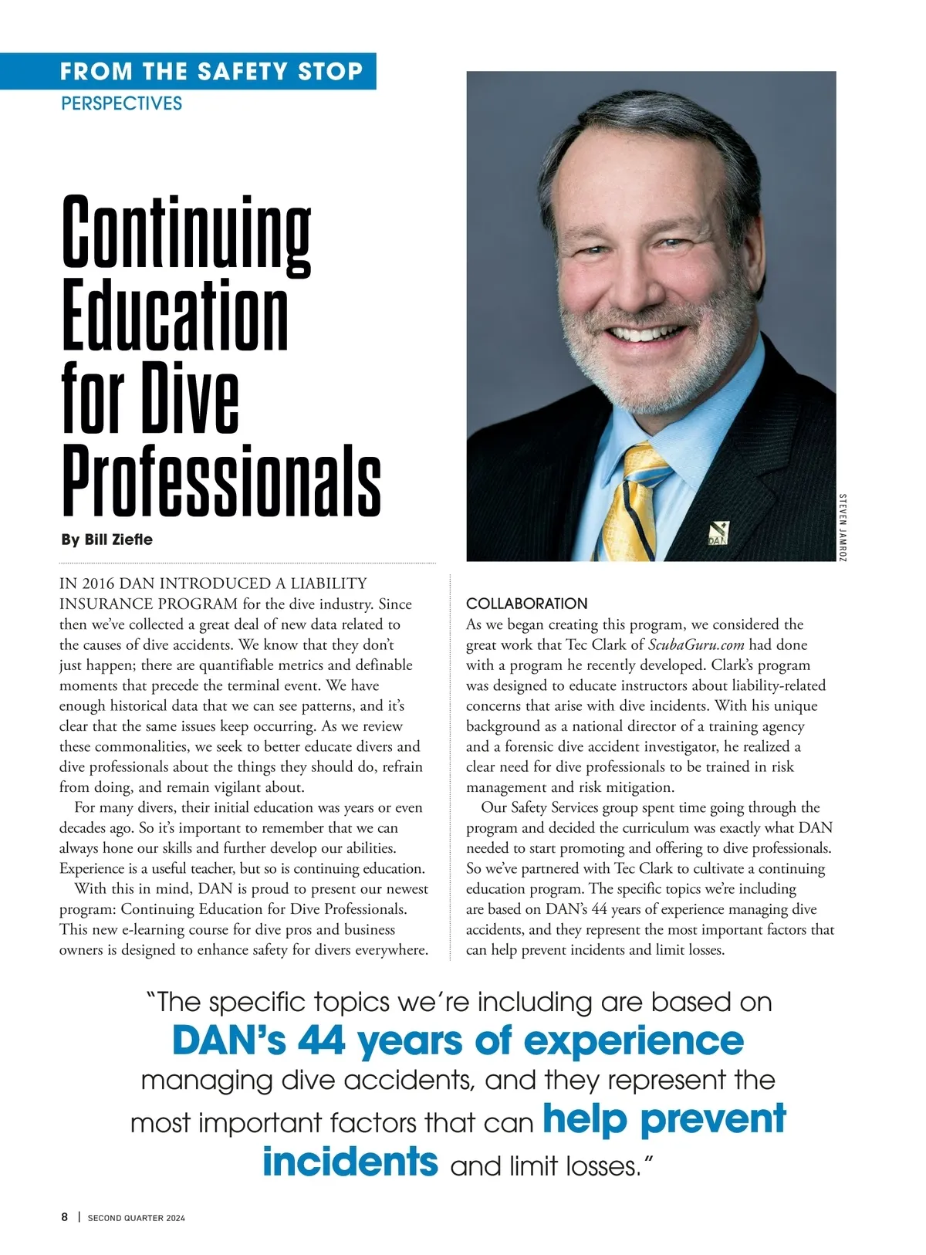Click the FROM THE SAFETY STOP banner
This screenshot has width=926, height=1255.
(x=211, y=72)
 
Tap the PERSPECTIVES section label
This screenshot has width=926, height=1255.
(x=121, y=103)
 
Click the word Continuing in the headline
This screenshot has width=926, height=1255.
(x=186, y=232)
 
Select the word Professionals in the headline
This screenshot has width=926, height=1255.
(x=221, y=481)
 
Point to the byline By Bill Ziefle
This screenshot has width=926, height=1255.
(x=106, y=540)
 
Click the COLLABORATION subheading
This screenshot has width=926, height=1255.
(x=526, y=604)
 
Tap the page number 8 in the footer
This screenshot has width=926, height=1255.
(x=65, y=1217)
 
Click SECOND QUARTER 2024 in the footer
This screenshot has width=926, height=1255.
(x=137, y=1218)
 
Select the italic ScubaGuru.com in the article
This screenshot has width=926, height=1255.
(x=696, y=644)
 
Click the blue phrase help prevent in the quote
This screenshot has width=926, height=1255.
(x=664, y=1118)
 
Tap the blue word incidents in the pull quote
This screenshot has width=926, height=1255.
(x=350, y=1162)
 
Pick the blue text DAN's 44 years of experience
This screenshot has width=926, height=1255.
(x=458, y=1040)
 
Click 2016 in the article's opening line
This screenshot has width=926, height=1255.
(x=96, y=584)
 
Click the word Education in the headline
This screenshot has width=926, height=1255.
(x=174, y=316)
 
